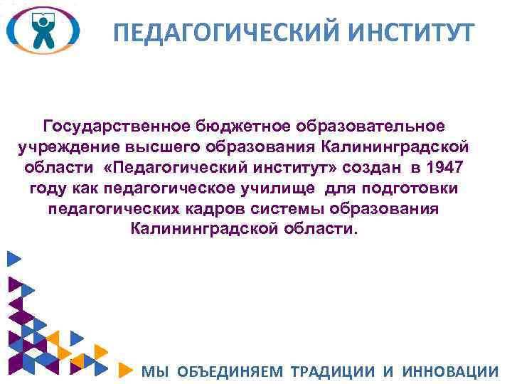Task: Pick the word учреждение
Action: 60,147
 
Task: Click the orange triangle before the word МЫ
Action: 124,370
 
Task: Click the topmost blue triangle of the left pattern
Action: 12,260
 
